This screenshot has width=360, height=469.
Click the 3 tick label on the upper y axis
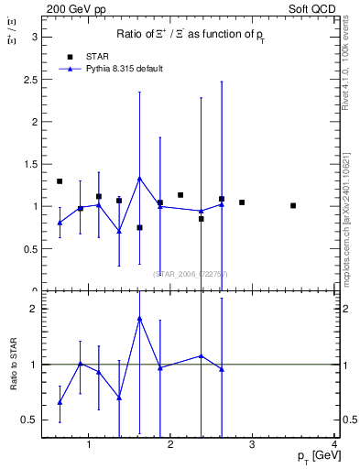click(x=34, y=37)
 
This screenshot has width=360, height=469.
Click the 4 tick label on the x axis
click(x=335, y=445)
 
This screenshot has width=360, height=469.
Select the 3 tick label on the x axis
click(x=253, y=445)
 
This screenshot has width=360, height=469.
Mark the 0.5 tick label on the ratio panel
click(x=30, y=420)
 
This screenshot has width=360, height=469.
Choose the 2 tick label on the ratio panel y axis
click(x=34, y=309)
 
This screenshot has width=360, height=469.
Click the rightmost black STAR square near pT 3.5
click(x=293, y=205)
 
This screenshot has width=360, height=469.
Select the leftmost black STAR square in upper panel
click(x=60, y=181)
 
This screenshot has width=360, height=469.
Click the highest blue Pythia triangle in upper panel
click(x=139, y=179)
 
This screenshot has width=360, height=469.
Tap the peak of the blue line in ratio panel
click(x=139, y=319)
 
